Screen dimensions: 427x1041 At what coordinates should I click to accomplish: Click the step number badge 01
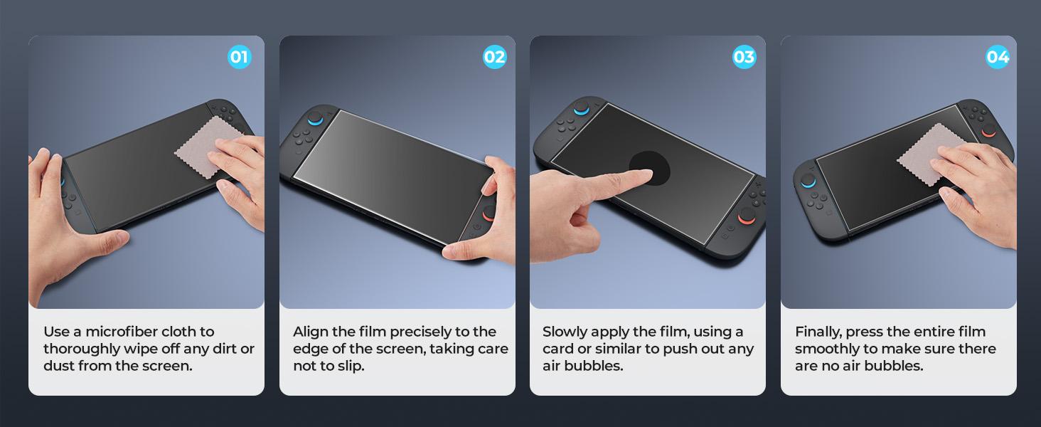pyautogui.click(x=240, y=57)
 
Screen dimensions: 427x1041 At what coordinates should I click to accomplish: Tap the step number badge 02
pyautogui.click(x=494, y=57)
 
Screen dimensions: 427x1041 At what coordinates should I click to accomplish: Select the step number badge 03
pyautogui.click(x=744, y=57)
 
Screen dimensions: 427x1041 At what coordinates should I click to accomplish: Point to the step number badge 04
pyautogui.click(x=998, y=57)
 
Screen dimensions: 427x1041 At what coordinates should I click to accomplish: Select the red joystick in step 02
pyautogui.click(x=490, y=212)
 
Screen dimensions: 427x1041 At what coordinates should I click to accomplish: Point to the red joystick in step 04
pyautogui.click(x=989, y=131)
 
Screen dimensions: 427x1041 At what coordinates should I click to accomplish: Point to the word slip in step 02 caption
pyautogui.click(x=350, y=366)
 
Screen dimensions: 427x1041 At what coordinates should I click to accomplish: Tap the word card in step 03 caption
pyautogui.click(x=559, y=349)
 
